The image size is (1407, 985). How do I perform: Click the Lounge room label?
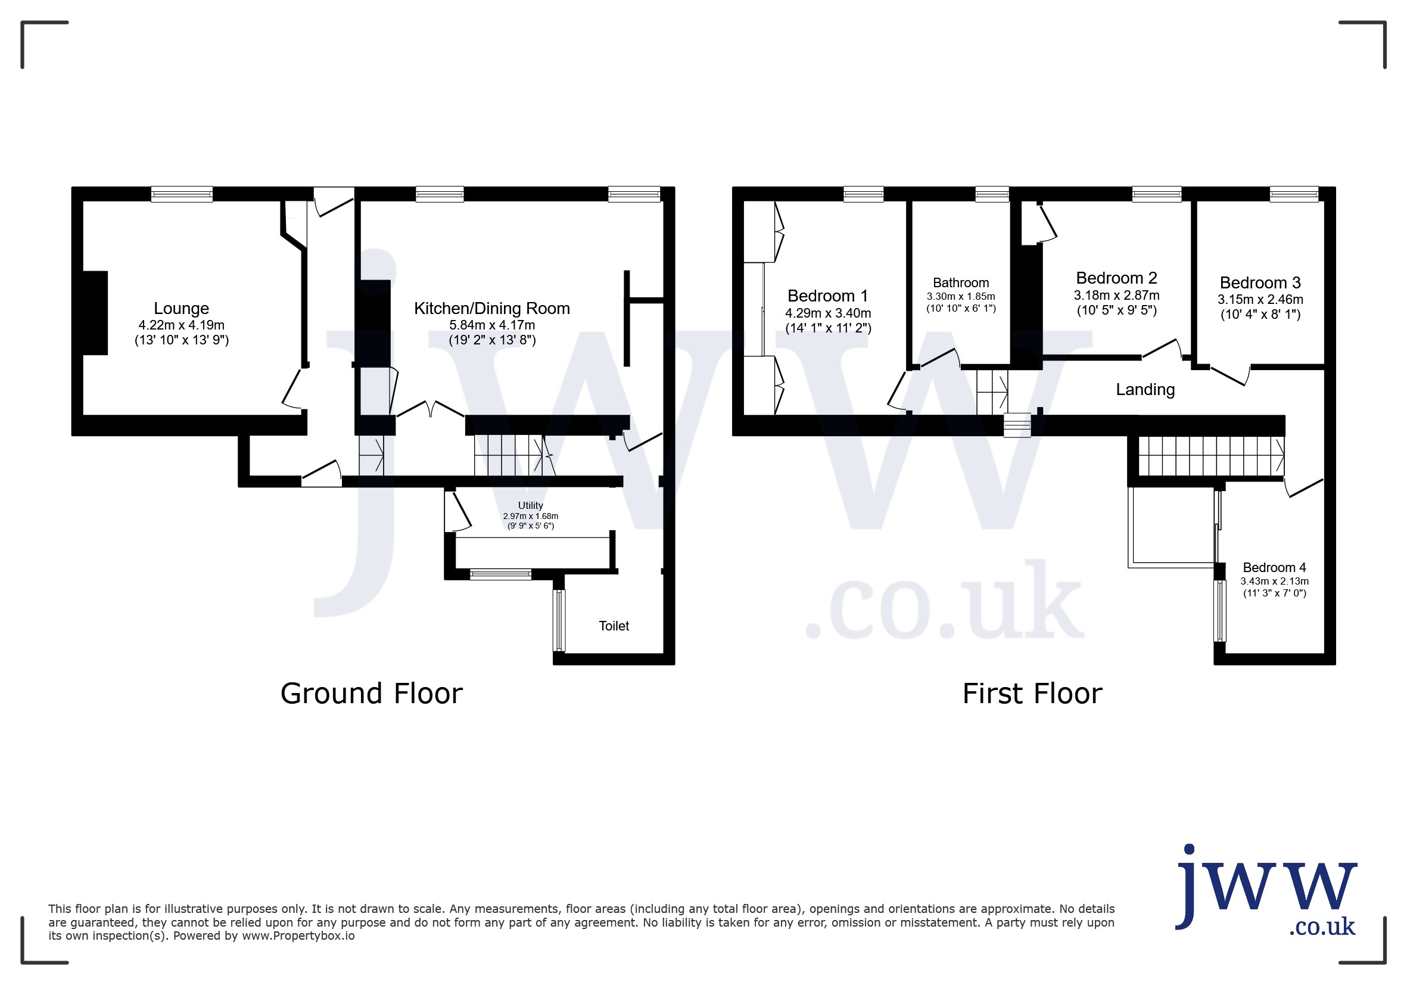(x=182, y=308)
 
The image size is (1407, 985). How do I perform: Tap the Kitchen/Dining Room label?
(x=492, y=308)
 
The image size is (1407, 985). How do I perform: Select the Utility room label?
(x=531, y=506)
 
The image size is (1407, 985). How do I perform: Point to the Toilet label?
(x=614, y=626)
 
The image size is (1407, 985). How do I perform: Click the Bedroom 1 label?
(x=828, y=296)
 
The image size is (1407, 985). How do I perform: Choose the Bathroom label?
(x=961, y=282)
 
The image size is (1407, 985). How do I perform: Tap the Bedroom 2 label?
(x=1116, y=278)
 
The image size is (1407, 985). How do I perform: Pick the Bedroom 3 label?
(x=1260, y=282)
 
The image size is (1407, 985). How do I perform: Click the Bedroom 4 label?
(x=1275, y=568)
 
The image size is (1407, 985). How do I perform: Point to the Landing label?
(x=1145, y=390)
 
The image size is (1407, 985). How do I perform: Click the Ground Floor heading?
(x=371, y=694)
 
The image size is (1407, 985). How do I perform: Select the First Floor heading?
(x=1032, y=694)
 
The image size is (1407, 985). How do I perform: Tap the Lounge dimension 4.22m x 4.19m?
(x=182, y=325)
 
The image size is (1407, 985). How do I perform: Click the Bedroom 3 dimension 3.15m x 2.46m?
(x=1260, y=300)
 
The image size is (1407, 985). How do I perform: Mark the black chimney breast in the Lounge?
(x=95, y=313)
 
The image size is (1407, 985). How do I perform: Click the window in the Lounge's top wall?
(x=182, y=194)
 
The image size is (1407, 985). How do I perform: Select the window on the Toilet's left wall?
(x=559, y=620)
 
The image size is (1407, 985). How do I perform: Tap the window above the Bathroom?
(x=992, y=194)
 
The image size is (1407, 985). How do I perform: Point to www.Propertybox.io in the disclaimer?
(x=298, y=936)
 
